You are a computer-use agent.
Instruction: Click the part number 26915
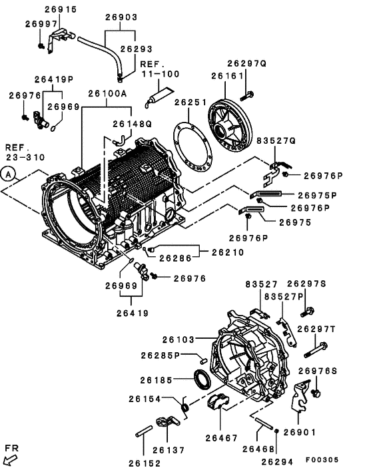click(x=61, y=9)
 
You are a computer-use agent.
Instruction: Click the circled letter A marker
click(x=8, y=174)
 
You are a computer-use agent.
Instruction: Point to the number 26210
click(x=228, y=253)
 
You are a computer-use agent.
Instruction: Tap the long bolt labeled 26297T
click(x=316, y=347)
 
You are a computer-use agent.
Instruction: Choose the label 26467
click(x=222, y=438)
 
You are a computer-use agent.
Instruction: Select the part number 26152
click(x=145, y=463)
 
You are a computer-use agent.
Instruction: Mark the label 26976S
click(x=318, y=371)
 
